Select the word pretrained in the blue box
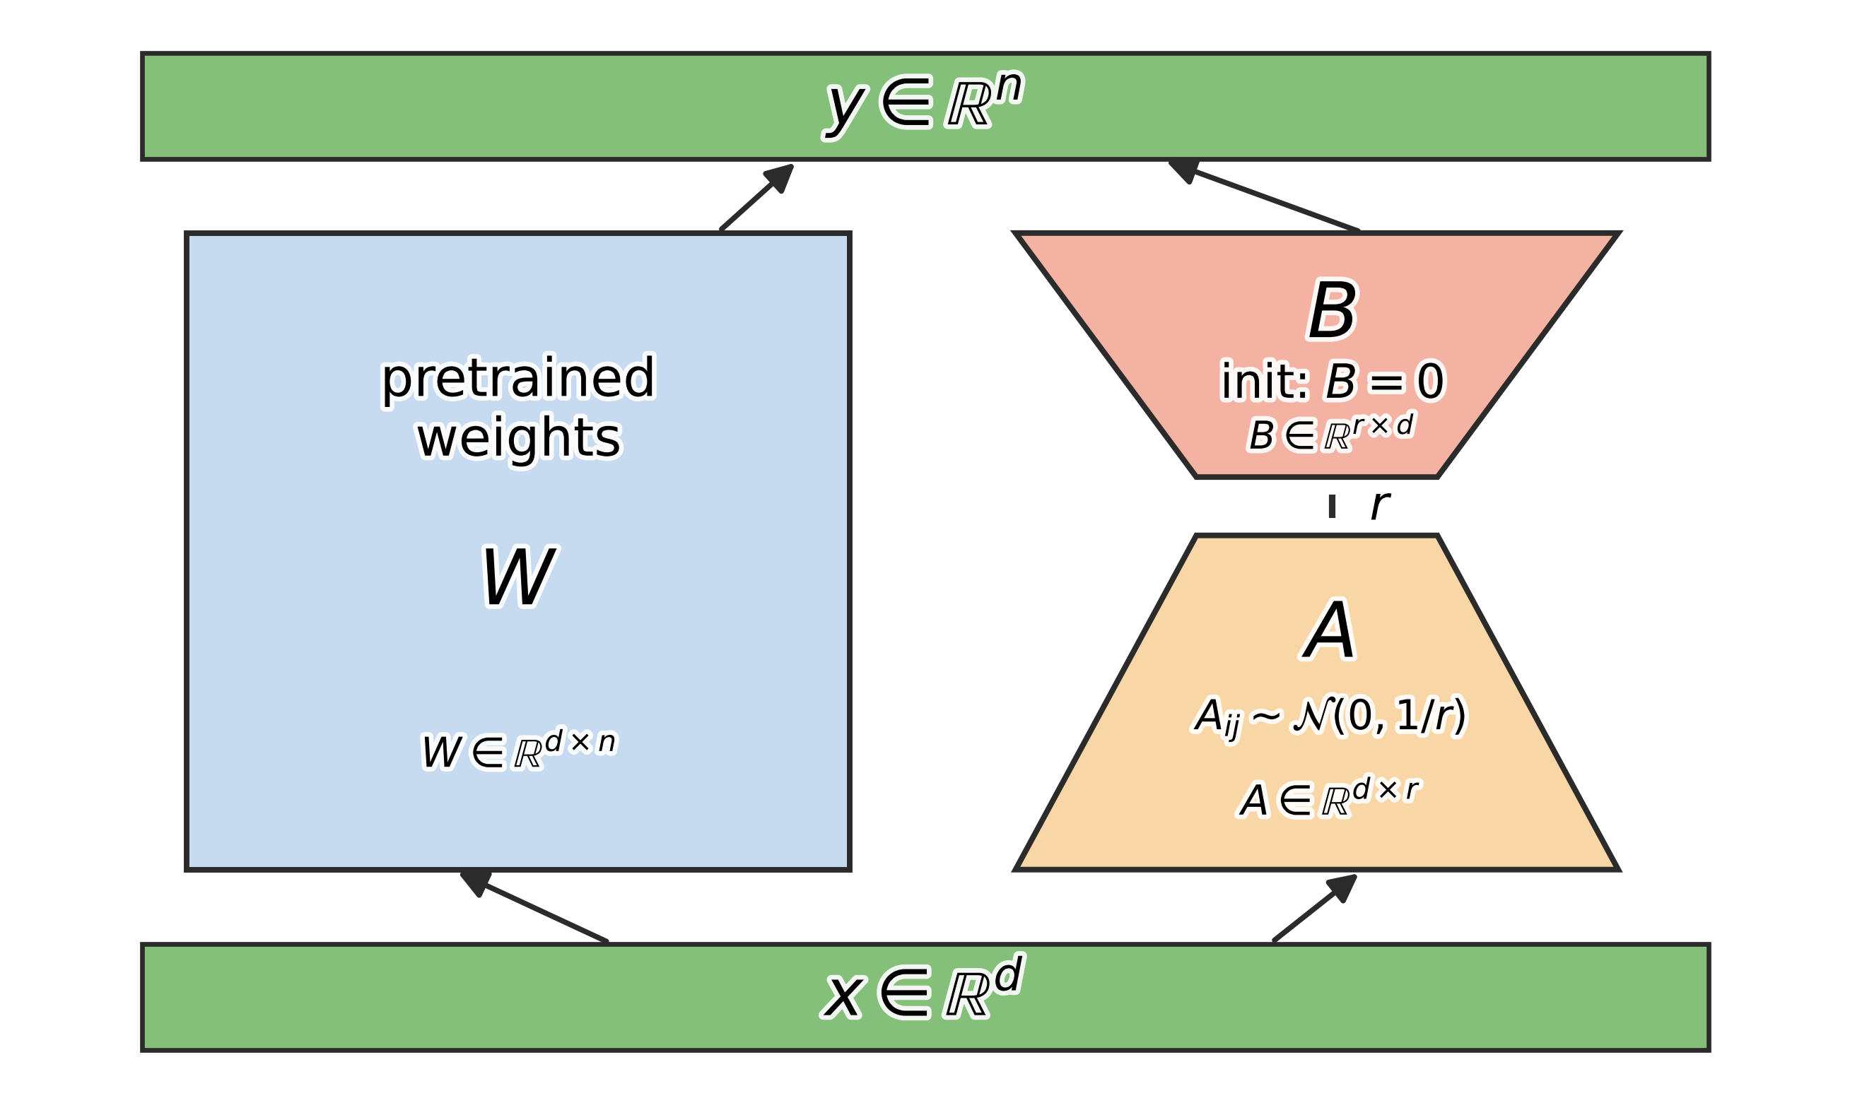pyautogui.click(x=518, y=379)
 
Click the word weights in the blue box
pyautogui.click(x=518, y=438)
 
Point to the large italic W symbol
pyautogui.click(x=518, y=577)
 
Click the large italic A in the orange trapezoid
pyautogui.click(x=1330, y=631)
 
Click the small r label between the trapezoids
pyautogui.click(x=1379, y=505)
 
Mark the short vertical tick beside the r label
pyautogui.click(x=1332, y=506)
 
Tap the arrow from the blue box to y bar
pyautogui.click(x=757, y=197)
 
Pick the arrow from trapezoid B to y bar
pyautogui.click(x=1264, y=196)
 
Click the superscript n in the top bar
pyautogui.click(x=1009, y=86)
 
